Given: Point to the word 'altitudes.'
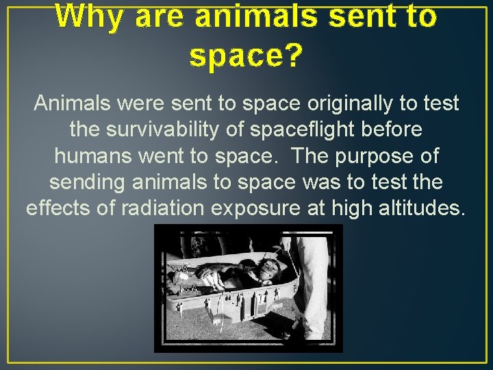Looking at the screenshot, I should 419,208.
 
